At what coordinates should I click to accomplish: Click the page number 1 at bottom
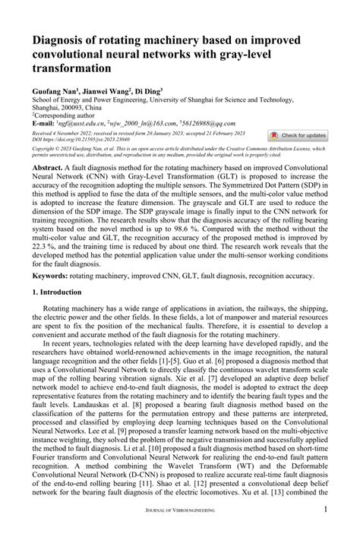click(325, 529)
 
